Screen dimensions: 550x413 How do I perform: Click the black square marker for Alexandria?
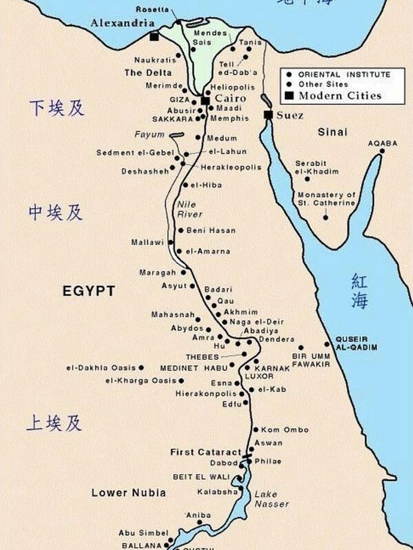click(x=154, y=37)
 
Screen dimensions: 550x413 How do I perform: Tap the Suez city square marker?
click(x=268, y=115)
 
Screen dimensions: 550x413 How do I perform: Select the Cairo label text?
click(x=230, y=98)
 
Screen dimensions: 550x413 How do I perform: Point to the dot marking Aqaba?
click(x=382, y=151)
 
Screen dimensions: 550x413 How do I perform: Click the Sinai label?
click(x=332, y=132)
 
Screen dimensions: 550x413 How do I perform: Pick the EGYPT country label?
click(x=89, y=291)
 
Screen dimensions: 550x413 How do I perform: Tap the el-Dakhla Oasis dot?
click(x=141, y=368)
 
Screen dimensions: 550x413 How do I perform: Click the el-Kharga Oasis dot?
click(x=182, y=381)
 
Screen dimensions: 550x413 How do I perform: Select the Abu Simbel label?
click(x=143, y=533)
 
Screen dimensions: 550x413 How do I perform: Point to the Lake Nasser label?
click(x=271, y=499)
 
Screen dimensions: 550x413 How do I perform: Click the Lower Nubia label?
click(x=128, y=492)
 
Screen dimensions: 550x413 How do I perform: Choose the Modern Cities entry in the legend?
click(x=340, y=95)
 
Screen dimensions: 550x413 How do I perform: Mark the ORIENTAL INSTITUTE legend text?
click(x=344, y=74)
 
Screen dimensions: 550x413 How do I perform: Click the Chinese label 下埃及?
click(x=56, y=108)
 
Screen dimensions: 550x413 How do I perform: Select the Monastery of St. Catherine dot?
click(x=326, y=218)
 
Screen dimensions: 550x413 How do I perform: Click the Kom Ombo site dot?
click(x=256, y=429)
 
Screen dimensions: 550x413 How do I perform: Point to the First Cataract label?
click(x=206, y=452)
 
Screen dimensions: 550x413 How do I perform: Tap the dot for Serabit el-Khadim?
click(x=307, y=179)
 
